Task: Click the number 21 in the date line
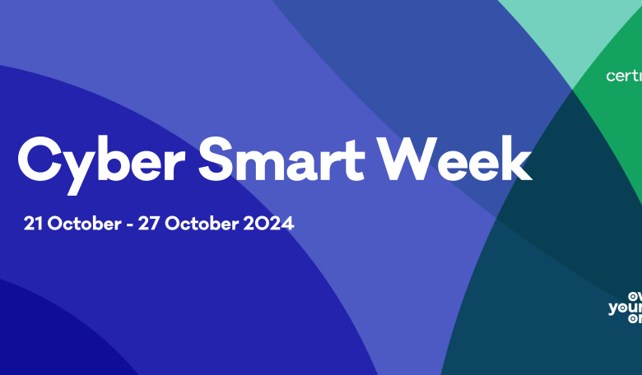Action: (34, 222)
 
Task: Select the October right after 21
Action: (77, 222)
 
